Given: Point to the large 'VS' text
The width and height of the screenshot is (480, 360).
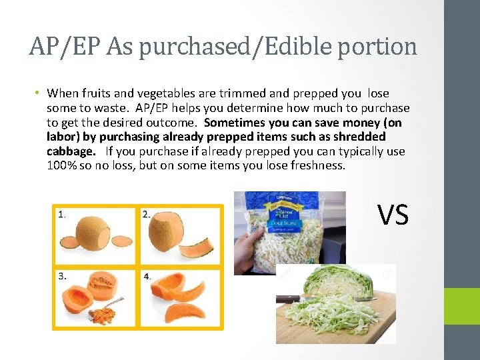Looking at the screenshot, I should [x=393, y=215].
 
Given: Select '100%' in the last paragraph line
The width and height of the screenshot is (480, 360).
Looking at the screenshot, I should [x=62, y=165].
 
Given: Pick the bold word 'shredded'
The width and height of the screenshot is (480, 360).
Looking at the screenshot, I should [x=363, y=137].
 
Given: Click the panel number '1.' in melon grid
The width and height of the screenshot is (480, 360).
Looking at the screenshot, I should [x=61, y=214].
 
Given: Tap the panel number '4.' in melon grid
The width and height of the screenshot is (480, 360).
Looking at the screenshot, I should [x=147, y=276].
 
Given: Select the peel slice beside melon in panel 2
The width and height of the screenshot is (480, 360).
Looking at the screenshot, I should [x=201, y=244].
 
